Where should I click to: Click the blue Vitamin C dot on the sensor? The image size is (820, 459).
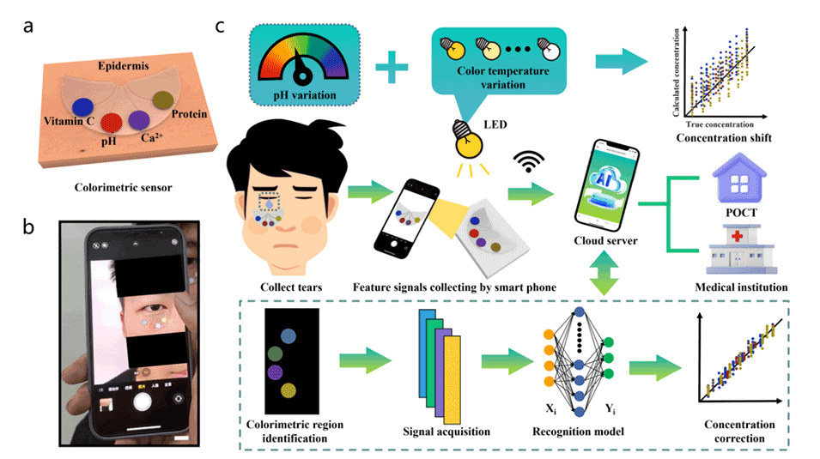[x=82, y=106]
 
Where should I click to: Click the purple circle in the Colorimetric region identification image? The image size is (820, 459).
[x=276, y=371]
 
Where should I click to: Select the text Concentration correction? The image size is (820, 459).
[x=739, y=432]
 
